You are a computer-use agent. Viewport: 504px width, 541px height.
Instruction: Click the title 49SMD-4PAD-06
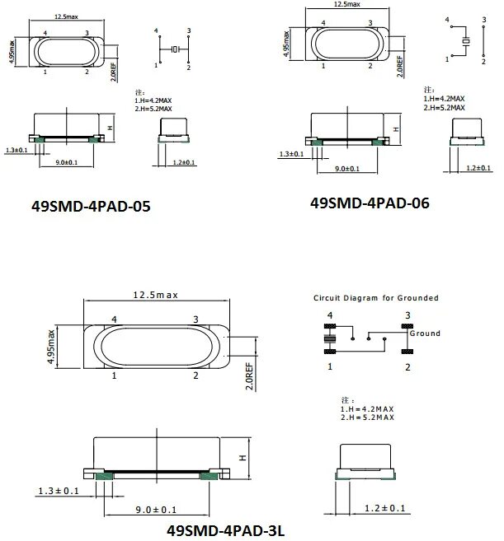click(x=370, y=203)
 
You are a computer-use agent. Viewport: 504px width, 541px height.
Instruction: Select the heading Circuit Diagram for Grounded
click(x=375, y=297)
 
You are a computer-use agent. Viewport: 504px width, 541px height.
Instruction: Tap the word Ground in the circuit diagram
click(x=426, y=333)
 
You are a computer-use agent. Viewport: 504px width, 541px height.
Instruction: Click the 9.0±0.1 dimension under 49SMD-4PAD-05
click(x=68, y=163)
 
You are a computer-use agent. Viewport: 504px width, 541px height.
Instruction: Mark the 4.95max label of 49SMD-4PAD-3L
click(x=50, y=347)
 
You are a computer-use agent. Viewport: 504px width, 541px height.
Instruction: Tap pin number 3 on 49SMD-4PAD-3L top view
click(x=195, y=319)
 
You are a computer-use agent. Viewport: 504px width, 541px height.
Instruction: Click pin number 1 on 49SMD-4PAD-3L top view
click(x=114, y=375)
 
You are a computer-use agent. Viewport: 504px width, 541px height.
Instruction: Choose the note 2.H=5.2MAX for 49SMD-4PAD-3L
click(x=366, y=417)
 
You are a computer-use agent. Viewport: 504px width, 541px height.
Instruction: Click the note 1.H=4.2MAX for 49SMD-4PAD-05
click(x=153, y=100)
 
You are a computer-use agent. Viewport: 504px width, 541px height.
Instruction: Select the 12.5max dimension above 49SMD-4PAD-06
click(x=346, y=5)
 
